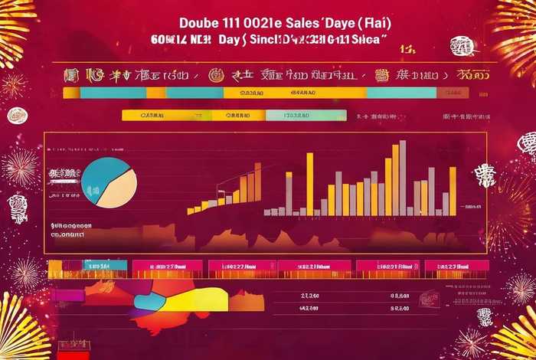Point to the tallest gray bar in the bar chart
pos(403,177)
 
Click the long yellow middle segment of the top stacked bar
pos(295,93)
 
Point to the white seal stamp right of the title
pos(462,47)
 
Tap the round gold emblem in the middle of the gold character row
pos(216,75)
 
